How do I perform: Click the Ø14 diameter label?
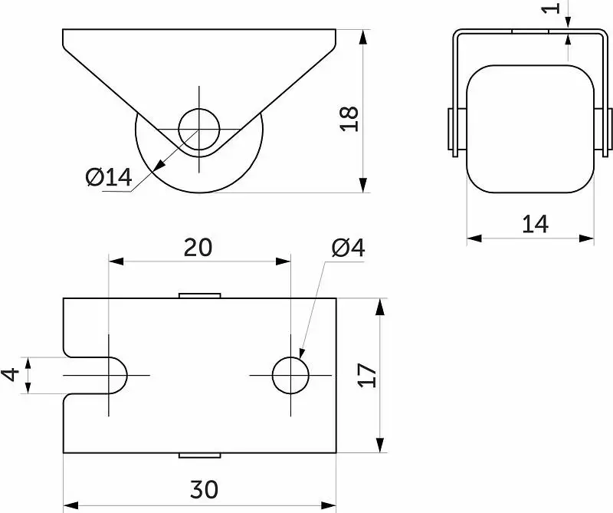[109, 177]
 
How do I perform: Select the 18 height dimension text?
[349, 119]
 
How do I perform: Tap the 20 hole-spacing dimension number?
[198, 248]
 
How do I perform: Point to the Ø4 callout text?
[349, 248]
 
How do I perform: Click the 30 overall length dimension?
[204, 489]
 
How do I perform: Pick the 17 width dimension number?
[367, 375]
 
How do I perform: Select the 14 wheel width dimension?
[535, 224]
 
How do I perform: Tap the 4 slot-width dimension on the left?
[11, 374]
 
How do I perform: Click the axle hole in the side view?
[199, 129]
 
